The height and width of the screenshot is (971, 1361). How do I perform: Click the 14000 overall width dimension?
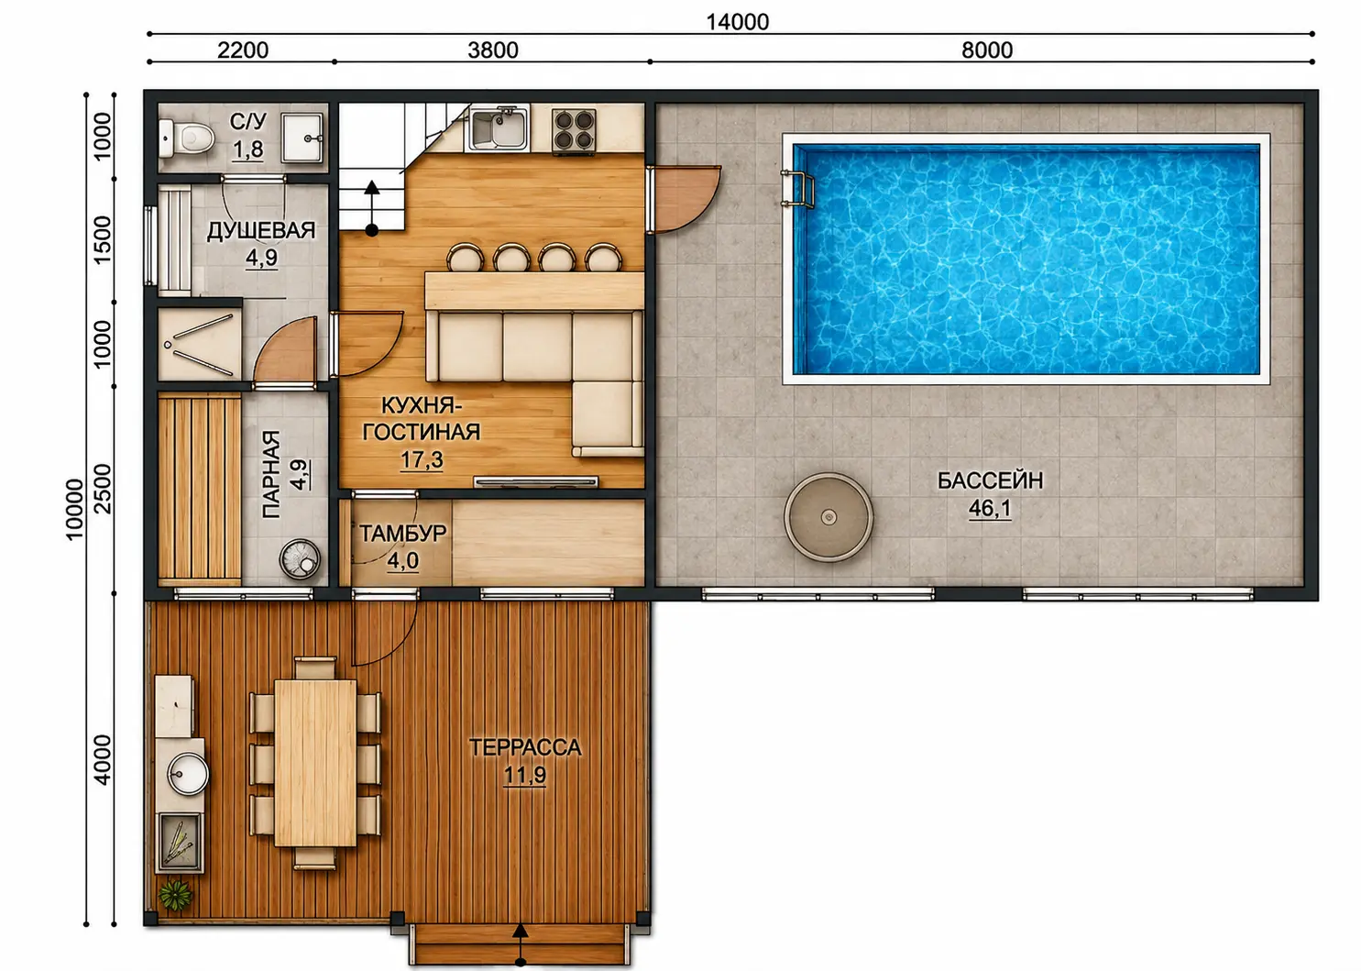tap(737, 22)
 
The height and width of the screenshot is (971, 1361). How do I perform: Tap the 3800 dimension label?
tap(493, 50)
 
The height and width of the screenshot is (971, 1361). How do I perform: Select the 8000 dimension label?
tap(987, 50)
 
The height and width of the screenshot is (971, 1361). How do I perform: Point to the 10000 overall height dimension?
tap(74, 510)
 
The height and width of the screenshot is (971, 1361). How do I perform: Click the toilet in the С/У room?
tap(186, 138)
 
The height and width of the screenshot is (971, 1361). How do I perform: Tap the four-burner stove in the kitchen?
tap(573, 130)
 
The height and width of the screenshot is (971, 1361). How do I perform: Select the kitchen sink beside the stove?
tap(498, 127)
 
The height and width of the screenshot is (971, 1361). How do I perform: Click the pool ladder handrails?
tap(797, 189)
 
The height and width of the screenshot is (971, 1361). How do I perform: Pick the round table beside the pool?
tap(829, 517)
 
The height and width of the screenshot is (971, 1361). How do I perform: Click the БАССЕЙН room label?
tap(990, 481)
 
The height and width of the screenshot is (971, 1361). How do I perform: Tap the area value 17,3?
tap(421, 459)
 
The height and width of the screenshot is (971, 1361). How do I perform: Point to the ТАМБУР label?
tap(403, 534)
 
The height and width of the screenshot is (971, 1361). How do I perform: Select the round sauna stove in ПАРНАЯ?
tap(300, 558)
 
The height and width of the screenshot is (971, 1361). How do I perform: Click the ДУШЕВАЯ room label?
tap(261, 231)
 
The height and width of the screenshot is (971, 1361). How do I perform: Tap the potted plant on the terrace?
tap(176, 896)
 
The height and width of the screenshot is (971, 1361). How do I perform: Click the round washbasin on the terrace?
tap(188, 774)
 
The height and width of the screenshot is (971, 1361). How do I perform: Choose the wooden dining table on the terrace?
tap(315, 763)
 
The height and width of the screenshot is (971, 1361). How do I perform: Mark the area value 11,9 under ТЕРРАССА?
tap(525, 775)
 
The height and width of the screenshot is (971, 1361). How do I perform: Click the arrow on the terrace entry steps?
tap(520, 943)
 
